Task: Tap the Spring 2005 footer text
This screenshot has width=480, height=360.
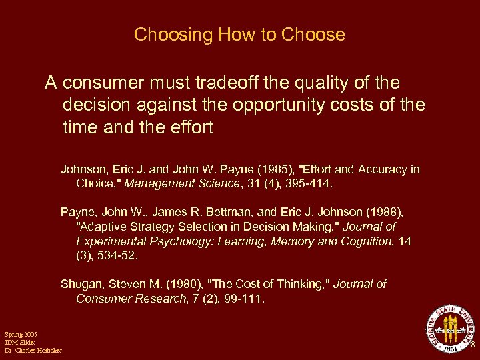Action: coord(21,333)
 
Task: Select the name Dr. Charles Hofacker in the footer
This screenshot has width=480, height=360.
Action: coord(33,350)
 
